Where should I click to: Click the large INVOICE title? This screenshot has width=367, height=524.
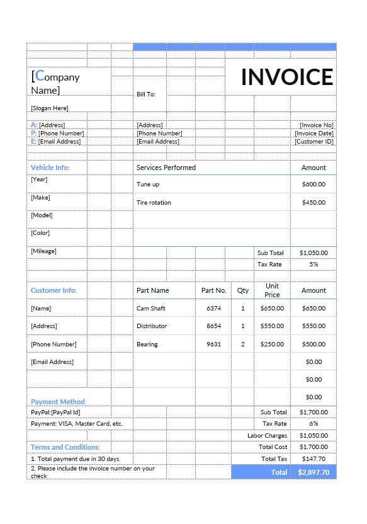coord(287,77)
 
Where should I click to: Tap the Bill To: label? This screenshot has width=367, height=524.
coord(146,94)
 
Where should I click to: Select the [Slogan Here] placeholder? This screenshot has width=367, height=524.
coord(50,108)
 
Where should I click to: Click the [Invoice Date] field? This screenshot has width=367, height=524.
coord(314,133)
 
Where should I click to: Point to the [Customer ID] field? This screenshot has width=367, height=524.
coord(314,141)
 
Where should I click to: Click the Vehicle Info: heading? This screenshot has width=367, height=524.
coord(50,168)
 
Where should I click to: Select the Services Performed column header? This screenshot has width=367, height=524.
coord(166,168)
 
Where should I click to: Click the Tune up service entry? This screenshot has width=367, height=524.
coord(148,185)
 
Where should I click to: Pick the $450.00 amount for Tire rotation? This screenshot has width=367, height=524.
coord(313,202)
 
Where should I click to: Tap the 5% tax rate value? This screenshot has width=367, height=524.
coord(313,264)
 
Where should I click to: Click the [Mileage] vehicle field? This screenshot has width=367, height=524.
coord(43,251)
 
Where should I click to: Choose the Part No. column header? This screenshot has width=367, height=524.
coord(213,290)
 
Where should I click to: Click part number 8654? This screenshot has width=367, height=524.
coord(214,326)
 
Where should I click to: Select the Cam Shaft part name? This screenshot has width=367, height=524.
coord(151,309)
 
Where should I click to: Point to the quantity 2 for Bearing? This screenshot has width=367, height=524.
coord(243,345)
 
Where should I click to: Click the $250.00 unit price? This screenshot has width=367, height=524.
coord(272,345)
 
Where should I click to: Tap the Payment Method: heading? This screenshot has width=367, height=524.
coord(59,402)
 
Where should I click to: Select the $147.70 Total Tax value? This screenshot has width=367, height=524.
coord(313,459)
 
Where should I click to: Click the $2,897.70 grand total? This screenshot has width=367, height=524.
coord(313,472)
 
